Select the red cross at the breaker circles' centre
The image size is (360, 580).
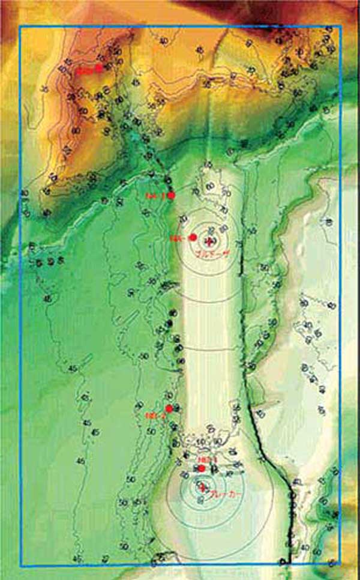[203, 486]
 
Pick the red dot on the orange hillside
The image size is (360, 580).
[99, 68]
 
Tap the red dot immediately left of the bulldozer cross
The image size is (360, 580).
[193, 238]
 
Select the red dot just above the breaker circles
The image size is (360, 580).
[202, 468]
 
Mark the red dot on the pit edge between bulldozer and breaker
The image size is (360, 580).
[169, 408]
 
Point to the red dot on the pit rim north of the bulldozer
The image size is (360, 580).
[172, 195]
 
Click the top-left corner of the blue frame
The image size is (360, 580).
[20, 26]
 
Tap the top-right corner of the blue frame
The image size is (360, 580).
[340, 26]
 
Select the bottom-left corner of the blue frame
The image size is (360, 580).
[20, 566]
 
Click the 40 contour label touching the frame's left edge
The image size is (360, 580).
[24, 193]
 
